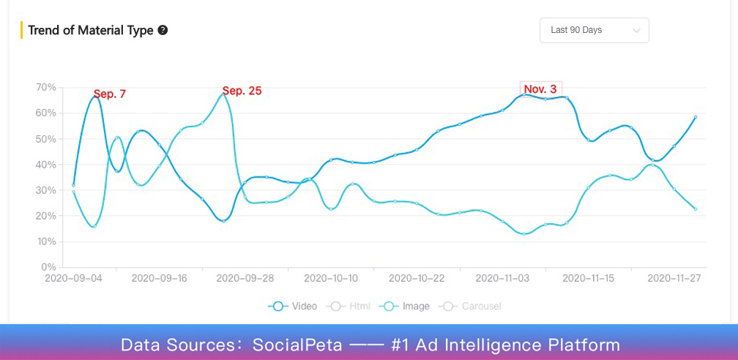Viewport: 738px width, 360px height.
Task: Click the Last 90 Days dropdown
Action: [594, 30]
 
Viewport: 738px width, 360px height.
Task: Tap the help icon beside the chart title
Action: [163, 30]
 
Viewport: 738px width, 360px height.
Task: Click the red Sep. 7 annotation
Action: [110, 94]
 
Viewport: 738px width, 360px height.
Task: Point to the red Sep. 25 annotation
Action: [242, 91]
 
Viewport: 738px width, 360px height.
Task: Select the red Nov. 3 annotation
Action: [540, 89]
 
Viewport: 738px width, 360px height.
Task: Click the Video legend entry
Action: [293, 306]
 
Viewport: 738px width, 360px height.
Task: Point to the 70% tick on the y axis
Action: [45, 87]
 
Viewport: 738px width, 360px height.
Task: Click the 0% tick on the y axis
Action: [48, 267]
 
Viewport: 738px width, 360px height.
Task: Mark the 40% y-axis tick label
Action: [45, 164]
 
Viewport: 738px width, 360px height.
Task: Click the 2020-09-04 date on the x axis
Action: [73, 278]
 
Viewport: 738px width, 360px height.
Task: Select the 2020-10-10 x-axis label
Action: [331, 278]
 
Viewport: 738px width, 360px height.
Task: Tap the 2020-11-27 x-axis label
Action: [674, 278]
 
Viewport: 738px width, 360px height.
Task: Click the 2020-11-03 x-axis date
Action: [502, 278]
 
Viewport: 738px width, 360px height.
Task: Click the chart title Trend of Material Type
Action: [91, 30]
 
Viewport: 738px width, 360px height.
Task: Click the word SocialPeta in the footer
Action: [297, 345]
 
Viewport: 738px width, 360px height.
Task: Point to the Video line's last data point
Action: [696, 116]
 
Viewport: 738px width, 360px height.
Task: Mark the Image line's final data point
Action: [696, 209]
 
